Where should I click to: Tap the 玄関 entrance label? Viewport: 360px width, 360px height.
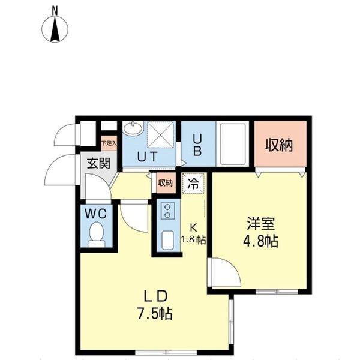coord(97,163)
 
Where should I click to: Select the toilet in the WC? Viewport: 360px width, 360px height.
coord(96,233)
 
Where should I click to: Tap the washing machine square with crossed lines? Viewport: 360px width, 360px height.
coord(161,133)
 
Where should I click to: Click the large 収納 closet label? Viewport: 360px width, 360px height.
coord(280,145)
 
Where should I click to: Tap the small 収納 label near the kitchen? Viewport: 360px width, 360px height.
coord(166,183)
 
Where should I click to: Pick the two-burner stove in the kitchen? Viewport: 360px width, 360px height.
coord(168,210)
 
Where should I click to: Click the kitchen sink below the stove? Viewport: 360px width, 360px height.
coord(167,241)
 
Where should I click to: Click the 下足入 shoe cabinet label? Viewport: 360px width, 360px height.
coord(109,143)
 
